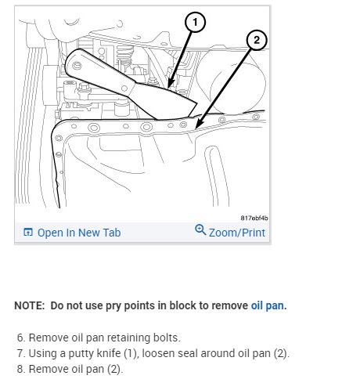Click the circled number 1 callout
point(195,22)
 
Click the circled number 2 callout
point(257,40)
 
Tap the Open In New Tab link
point(79,233)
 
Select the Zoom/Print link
point(237,233)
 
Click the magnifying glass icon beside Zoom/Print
point(200,229)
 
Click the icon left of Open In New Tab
point(28,232)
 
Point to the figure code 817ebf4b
point(254,218)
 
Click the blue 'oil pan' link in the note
point(268,305)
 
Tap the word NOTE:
point(30,305)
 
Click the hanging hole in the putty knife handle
point(77,65)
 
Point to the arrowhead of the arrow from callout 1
point(169,85)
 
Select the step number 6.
point(21,338)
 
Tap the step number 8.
point(21,369)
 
